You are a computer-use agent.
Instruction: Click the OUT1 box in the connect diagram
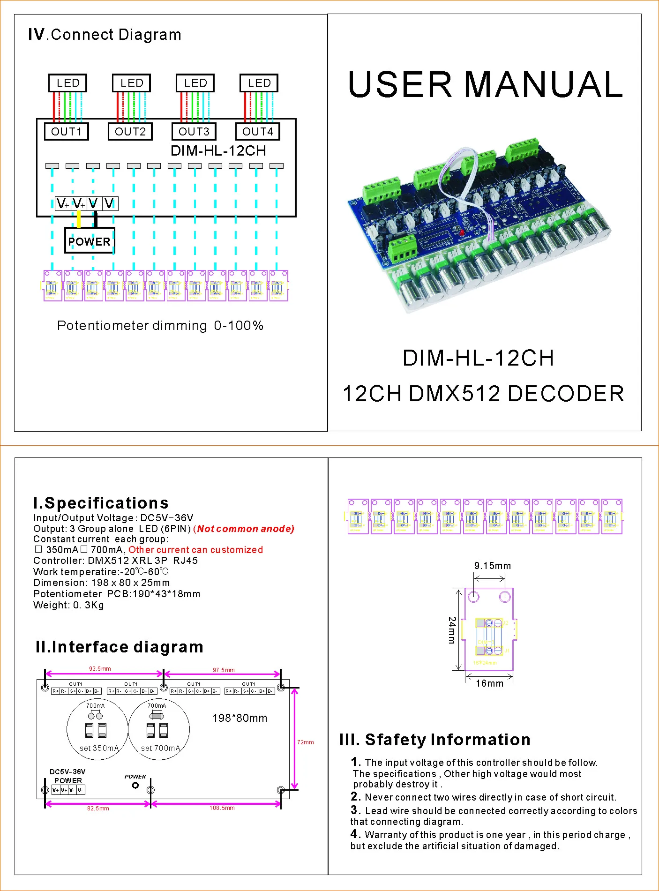pos(66,131)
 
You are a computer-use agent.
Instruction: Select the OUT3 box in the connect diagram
pos(194,131)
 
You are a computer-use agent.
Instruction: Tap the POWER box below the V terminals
pos(89,241)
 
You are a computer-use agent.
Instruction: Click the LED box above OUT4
pos(259,83)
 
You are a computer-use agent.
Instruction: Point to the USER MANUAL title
pos(485,85)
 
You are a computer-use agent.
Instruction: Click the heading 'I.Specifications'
pos(101,503)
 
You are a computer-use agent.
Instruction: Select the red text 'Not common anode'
pos(246,529)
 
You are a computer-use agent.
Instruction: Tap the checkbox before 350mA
pos(38,549)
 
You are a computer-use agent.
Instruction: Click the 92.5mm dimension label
pos(100,669)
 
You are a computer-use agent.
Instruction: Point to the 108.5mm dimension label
pos(222,808)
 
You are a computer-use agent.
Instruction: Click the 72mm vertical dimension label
pos(305,742)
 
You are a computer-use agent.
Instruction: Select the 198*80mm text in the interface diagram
pos(240,718)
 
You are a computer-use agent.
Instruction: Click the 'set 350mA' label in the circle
pos(99,748)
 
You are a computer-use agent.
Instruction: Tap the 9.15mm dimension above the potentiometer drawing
pos(492,566)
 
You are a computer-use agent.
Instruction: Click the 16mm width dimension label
pos(489,683)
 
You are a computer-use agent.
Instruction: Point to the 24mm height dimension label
pos(452,630)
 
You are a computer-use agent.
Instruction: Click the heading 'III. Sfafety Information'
pos(435,740)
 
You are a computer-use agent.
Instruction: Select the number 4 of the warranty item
pos(354,834)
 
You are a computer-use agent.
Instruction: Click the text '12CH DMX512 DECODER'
pos(483,394)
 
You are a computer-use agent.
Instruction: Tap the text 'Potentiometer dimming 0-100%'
pos(160,325)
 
